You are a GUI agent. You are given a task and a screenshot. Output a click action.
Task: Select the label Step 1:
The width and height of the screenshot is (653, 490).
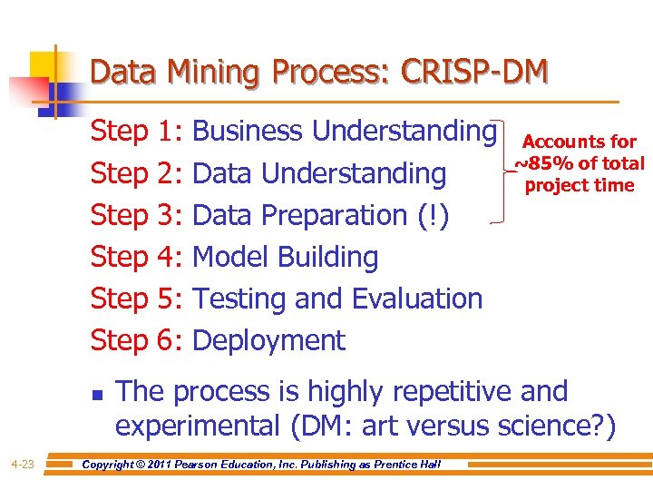click(138, 132)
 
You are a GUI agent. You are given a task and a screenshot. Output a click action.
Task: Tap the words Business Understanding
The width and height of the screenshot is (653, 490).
click(345, 132)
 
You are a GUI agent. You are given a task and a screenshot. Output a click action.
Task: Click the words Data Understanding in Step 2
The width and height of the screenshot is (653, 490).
click(320, 173)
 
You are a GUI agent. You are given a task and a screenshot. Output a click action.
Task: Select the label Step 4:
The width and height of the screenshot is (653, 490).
click(138, 257)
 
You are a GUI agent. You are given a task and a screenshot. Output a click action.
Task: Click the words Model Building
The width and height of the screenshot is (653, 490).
click(286, 257)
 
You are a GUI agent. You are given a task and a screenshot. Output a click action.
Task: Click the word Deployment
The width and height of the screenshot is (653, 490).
click(269, 340)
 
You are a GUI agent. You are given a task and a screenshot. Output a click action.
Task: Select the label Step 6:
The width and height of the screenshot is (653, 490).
click(138, 340)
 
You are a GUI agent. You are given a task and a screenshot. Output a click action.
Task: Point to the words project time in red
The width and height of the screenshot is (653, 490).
click(580, 185)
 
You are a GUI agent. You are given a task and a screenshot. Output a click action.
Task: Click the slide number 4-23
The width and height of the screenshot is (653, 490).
click(23, 465)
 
